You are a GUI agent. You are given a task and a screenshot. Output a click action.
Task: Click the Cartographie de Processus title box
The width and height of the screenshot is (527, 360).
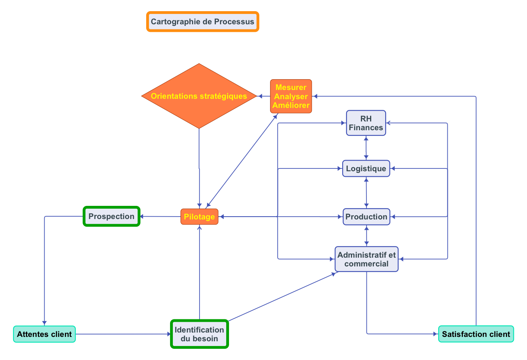[x=203, y=22]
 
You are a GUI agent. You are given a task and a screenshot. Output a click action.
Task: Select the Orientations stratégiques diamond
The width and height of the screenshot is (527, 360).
[x=199, y=96]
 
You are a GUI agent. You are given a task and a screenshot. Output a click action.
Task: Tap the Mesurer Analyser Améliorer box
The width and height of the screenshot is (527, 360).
[x=291, y=96]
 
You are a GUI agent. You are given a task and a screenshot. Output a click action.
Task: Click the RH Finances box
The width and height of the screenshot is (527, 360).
[x=366, y=123]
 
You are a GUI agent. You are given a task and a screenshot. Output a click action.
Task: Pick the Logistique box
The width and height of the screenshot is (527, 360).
[x=366, y=168]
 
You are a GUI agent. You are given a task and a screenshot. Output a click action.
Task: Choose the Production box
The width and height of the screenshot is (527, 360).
[x=366, y=217]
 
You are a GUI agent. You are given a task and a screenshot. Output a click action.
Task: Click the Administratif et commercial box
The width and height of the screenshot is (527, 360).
[x=366, y=259]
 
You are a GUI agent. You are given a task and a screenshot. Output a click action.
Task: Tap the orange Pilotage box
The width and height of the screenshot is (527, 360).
[x=199, y=217]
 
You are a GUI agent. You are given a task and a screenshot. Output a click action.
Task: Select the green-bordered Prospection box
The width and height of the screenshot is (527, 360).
[x=112, y=216]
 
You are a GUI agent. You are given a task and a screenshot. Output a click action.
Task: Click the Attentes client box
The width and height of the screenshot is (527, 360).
[x=44, y=334]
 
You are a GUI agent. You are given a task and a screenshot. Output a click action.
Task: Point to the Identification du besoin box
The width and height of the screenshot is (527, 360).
[x=199, y=334]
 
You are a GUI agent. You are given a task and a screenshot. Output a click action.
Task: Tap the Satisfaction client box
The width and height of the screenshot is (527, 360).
[x=476, y=334]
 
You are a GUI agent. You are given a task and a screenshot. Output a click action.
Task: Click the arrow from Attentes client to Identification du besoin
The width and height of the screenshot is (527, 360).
[x=123, y=334]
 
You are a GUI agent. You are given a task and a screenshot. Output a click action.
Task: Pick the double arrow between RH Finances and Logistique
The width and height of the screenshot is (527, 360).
[x=366, y=148]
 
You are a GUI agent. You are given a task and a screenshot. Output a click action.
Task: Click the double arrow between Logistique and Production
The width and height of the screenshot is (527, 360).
[x=366, y=193]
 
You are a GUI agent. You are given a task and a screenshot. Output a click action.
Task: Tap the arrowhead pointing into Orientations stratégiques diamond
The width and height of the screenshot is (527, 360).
[x=260, y=96]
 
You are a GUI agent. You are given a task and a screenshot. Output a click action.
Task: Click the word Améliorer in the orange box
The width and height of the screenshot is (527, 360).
[x=291, y=106]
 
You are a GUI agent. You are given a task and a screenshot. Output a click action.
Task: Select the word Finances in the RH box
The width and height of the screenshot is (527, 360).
[x=366, y=128]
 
